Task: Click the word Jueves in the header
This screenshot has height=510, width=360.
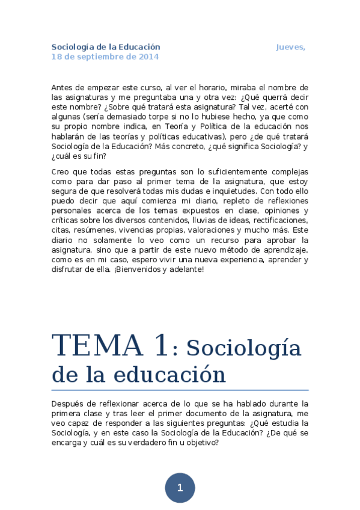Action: tap(290, 47)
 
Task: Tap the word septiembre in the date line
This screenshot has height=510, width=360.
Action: tap(93, 57)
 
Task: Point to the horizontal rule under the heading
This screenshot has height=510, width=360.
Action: tap(180, 390)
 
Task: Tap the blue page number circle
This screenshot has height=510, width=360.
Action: tap(180, 488)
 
